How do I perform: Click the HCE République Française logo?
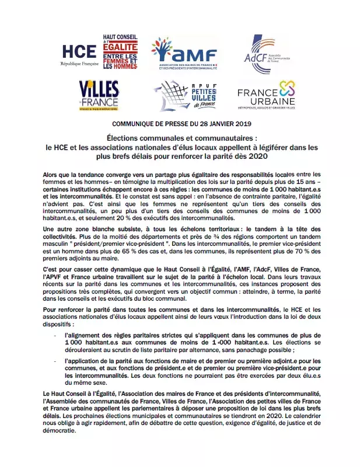[77, 53]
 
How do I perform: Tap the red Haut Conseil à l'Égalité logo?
[120, 52]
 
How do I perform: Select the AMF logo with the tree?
[183, 53]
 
